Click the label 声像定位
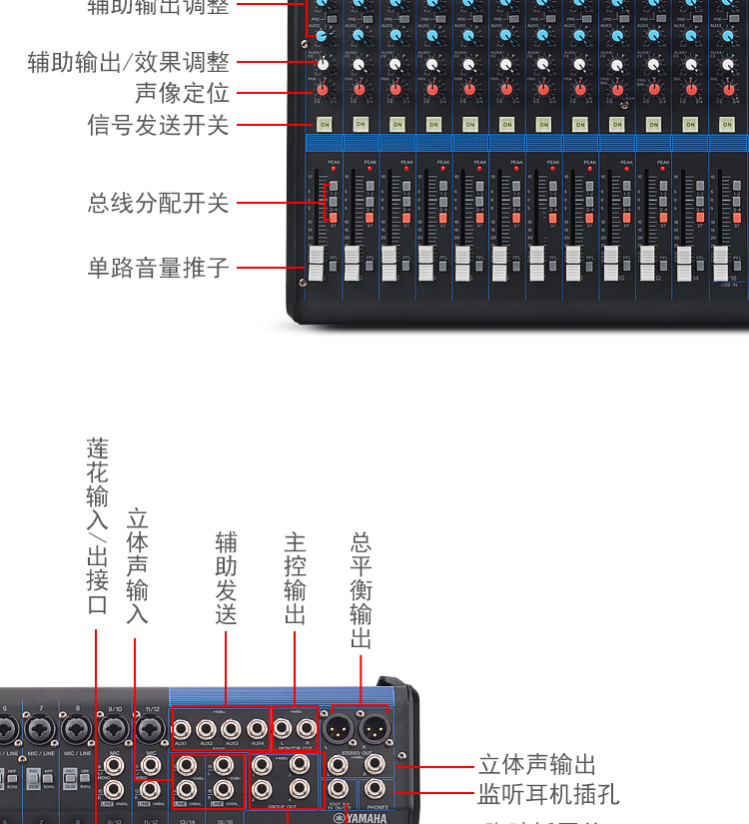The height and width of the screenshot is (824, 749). pos(182,94)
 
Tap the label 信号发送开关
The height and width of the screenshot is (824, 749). pos(158,126)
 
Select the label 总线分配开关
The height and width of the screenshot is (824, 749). pos(158,204)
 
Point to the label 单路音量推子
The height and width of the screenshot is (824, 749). pos(158,268)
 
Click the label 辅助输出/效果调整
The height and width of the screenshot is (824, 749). pos(128,62)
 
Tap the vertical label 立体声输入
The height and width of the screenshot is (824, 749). pos(137,566)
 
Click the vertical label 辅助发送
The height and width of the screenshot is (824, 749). pos(227,579)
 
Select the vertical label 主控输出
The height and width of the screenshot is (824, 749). pos(295,579)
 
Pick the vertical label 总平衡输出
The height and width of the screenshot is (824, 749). pos(362,590)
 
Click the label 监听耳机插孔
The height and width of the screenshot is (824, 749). pos(548,794)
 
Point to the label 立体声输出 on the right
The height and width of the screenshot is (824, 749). pos(536,765)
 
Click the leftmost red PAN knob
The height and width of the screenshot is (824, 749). pos(323,90)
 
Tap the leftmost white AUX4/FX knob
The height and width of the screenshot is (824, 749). pos(323,64)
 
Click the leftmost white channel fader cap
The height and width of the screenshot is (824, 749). pos(317,265)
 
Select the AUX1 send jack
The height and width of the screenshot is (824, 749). pos(182,729)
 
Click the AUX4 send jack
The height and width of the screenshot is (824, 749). pos(258,729)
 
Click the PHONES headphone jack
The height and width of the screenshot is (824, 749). pos(375,789)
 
